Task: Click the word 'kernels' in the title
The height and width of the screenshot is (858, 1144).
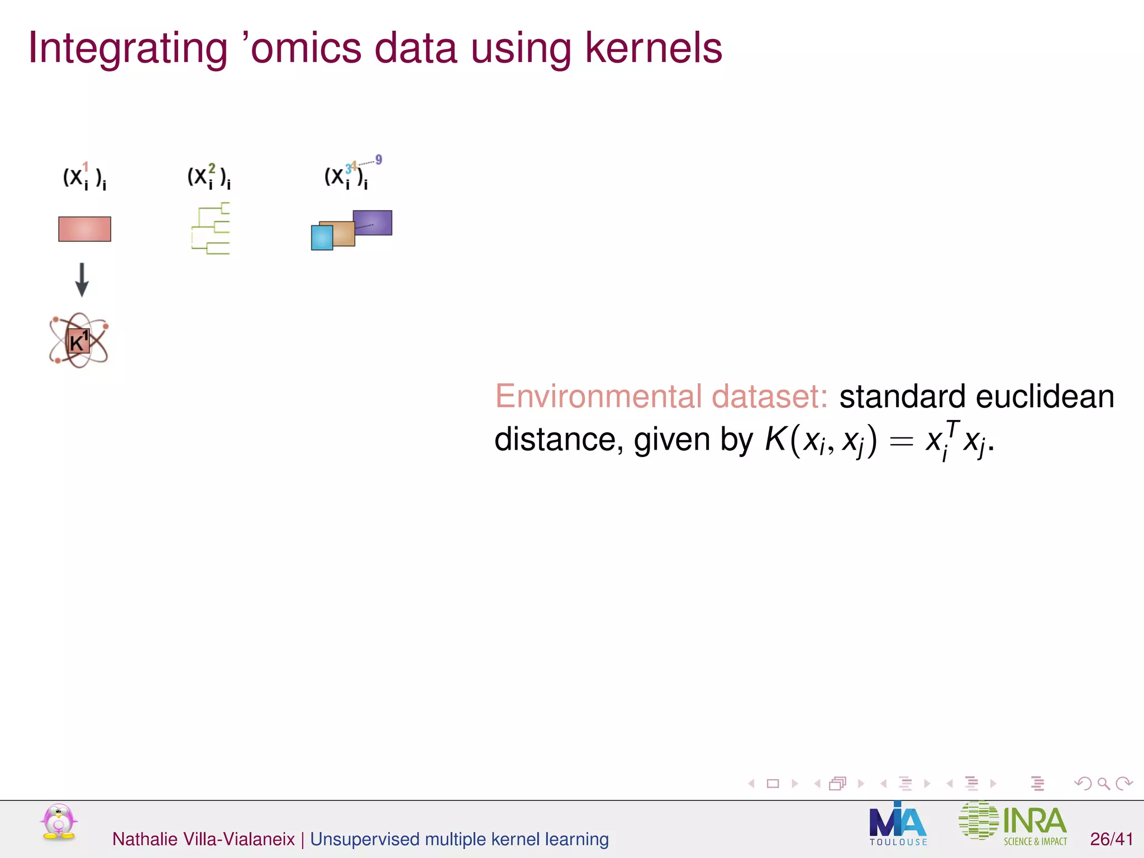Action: [x=653, y=48]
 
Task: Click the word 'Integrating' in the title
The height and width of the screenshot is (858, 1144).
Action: [x=127, y=49]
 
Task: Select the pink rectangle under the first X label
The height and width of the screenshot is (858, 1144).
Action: [x=84, y=229]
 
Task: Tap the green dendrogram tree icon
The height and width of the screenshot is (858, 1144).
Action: [x=211, y=229]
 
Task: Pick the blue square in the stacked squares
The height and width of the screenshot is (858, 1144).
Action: [x=321, y=237]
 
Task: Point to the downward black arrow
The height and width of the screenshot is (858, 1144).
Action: [x=82, y=279]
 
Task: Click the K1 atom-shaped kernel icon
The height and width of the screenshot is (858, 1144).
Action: [x=78, y=341]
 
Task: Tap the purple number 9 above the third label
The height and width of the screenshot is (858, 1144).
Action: [x=379, y=160]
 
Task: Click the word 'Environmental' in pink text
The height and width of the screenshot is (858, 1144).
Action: [x=598, y=397]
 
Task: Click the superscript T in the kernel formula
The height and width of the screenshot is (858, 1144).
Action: [x=952, y=429]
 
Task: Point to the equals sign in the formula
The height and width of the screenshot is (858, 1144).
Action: [x=901, y=441]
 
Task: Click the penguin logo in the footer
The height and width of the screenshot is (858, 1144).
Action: [x=59, y=822]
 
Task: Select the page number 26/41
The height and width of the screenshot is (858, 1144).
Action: [x=1111, y=839]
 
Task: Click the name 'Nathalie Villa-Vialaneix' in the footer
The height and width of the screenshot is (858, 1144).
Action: [x=203, y=839]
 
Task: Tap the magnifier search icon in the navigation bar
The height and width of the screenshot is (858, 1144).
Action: [x=1103, y=784]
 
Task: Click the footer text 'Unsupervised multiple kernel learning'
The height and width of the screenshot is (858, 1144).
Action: [x=459, y=839]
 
